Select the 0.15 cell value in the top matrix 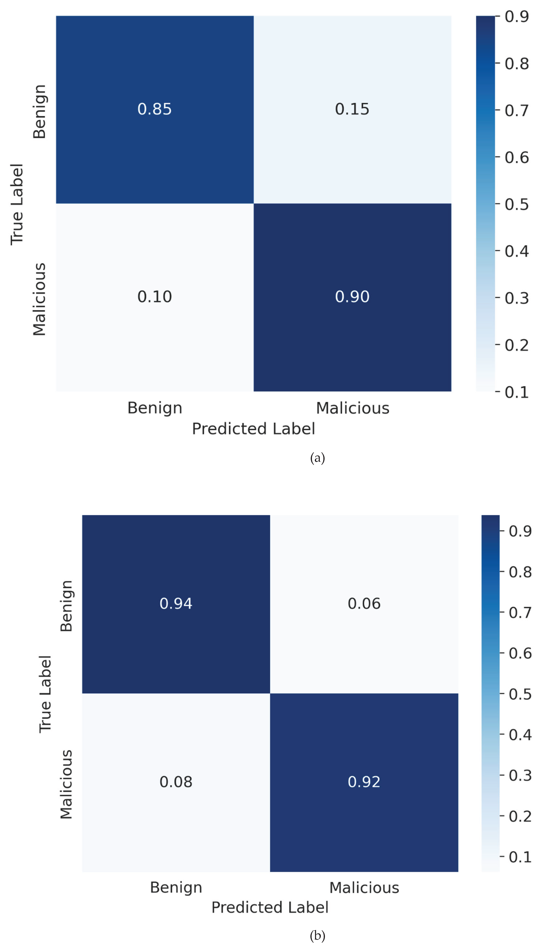(x=352, y=109)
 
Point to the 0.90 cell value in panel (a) (x=352, y=297)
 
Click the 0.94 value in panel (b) (x=176, y=603)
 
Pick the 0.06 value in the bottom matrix (x=364, y=603)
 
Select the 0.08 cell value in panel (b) (x=176, y=782)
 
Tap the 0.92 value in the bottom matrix (x=364, y=782)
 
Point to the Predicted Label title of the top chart (x=253, y=429)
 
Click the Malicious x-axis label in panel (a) (x=352, y=408)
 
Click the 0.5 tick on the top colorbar (x=516, y=204)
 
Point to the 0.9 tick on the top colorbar (x=516, y=17)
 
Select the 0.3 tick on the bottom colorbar (x=520, y=775)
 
